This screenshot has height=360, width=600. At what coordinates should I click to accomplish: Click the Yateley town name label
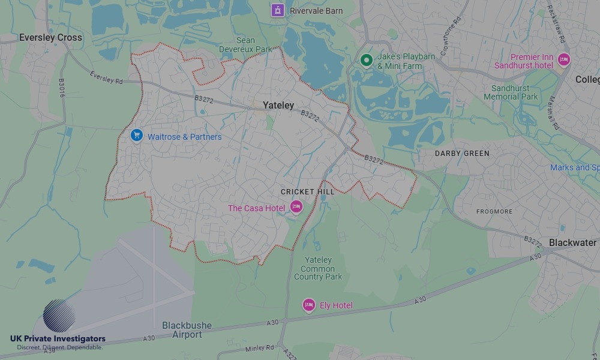[278, 106]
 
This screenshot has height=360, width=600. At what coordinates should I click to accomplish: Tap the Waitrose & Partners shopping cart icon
[137, 136]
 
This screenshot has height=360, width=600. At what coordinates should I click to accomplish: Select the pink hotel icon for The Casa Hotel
[296, 207]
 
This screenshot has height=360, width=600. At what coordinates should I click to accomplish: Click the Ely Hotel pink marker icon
[308, 305]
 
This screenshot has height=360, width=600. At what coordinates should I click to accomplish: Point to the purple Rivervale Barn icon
[277, 10]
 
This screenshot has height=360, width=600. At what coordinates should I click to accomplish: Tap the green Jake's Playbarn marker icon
[366, 60]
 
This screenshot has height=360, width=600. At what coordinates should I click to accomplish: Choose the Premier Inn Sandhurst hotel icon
[563, 60]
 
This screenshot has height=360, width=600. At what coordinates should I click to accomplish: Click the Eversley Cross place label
[50, 37]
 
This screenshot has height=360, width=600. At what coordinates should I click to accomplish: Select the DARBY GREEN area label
[462, 154]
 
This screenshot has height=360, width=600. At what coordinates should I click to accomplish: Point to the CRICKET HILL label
[307, 192]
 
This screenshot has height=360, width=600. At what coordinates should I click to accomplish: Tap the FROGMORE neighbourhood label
[494, 212]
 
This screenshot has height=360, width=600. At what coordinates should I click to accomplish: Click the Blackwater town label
[572, 243]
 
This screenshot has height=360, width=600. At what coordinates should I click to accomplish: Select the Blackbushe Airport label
[187, 330]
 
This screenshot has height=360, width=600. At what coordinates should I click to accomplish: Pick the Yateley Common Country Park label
[318, 268]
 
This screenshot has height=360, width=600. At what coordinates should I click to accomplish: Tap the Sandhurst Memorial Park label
[511, 92]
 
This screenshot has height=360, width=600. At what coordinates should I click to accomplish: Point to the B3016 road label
[61, 88]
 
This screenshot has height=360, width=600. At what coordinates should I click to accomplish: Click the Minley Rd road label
[259, 347]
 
